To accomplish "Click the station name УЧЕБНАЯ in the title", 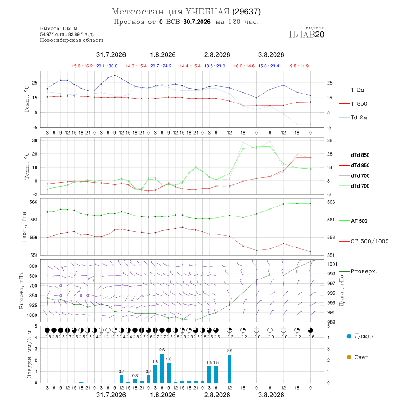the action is pos(207,12).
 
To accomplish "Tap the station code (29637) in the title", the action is pos(247,12).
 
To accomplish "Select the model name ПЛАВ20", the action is pos(306,35).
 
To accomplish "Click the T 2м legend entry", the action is pos(357,90).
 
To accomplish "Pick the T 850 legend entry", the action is pos(359,104).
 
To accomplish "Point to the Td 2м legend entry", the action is pos(359,117).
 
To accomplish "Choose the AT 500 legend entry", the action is pos(359,221).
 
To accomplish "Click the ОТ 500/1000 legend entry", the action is pos(369,241).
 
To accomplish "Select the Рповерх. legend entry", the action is pos(364,271).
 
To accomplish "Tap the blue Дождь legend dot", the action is pos(349,336).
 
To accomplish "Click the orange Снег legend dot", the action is pos(349,357).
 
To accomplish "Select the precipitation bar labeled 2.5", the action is pos(229,369).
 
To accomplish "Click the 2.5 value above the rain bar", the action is pos(229,351).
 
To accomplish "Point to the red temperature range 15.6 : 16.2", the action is pos(82,66).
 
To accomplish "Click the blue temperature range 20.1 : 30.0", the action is pos(107,66).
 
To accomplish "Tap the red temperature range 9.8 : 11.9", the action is pos(299,66).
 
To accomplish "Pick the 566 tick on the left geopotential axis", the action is pos(34,202).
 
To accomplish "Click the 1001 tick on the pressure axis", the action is pos(332,264).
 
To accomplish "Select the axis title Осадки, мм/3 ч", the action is pos(29,354).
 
